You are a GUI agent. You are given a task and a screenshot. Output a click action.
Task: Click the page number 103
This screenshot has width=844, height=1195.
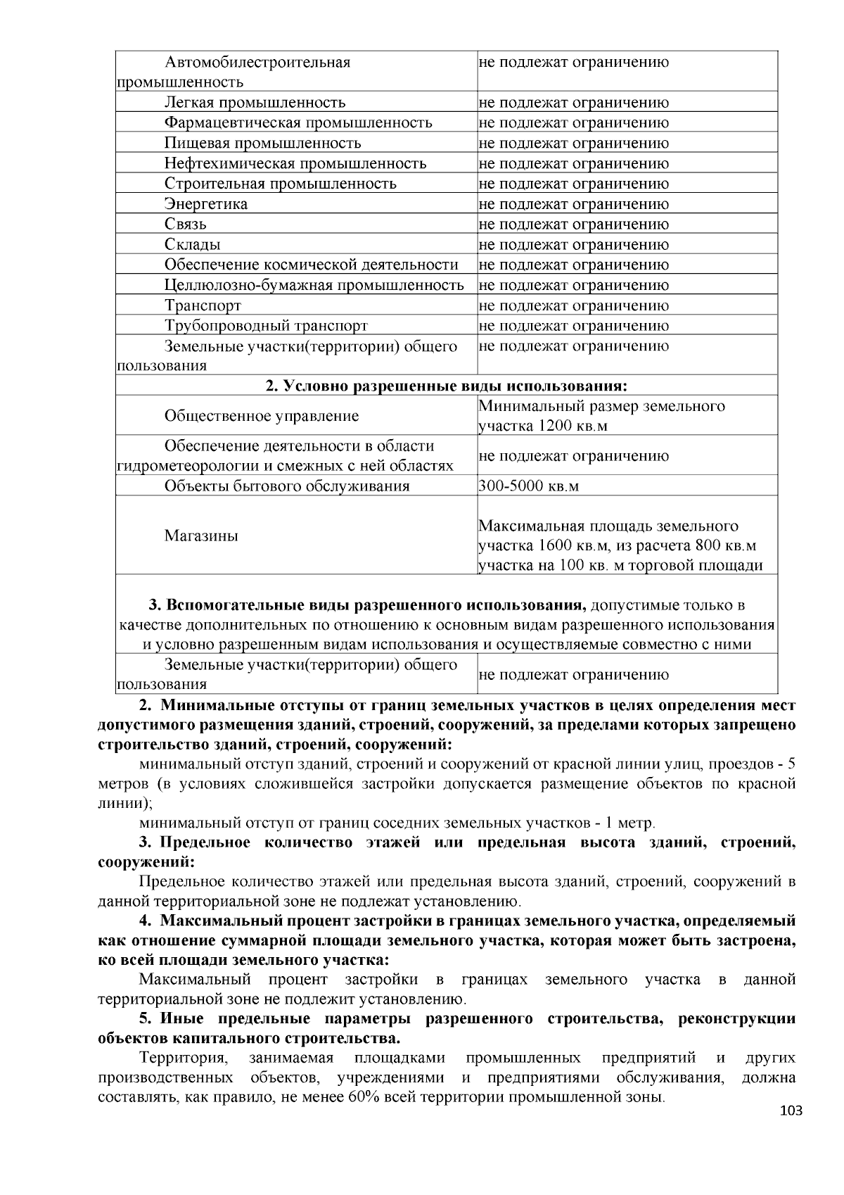click(791, 1111)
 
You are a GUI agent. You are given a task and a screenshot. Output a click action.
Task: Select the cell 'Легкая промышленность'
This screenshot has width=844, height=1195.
click(255, 103)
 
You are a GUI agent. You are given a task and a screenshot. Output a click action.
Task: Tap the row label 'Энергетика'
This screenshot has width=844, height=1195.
click(205, 204)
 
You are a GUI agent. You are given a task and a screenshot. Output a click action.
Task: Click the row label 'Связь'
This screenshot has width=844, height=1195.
click(185, 225)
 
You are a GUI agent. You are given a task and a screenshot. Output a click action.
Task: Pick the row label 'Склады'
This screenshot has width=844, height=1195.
click(192, 245)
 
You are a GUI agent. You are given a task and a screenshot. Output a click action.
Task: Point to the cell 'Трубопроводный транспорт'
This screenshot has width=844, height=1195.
click(266, 326)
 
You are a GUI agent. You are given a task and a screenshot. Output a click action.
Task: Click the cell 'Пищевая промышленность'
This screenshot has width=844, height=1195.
click(262, 144)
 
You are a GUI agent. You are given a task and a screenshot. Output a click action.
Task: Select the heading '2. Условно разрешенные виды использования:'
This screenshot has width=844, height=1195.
click(446, 386)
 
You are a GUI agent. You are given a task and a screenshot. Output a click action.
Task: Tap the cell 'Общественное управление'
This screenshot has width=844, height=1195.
click(262, 416)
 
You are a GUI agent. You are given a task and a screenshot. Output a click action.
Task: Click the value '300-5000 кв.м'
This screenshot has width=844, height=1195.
click(528, 486)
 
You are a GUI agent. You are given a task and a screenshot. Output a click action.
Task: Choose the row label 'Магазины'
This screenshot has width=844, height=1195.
click(201, 536)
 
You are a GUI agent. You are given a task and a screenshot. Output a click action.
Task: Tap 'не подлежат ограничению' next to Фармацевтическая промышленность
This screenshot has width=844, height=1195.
click(573, 123)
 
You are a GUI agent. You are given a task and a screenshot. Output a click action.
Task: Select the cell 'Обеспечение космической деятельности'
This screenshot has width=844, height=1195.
click(311, 265)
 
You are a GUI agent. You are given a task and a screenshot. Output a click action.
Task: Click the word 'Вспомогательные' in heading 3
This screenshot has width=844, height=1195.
click(233, 605)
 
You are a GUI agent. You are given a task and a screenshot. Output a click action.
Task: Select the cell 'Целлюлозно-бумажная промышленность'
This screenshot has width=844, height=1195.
click(314, 286)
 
